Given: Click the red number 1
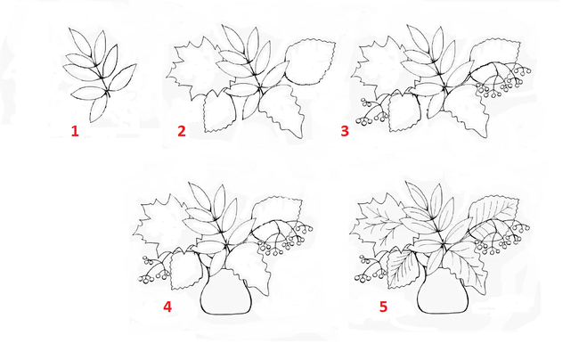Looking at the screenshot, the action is (75, 131).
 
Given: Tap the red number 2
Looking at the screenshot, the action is (182, 131).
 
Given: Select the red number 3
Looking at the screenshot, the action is (345, 131).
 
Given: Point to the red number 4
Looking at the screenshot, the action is (167, 307).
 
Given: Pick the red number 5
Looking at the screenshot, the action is (383, 307).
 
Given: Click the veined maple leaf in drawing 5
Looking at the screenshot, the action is (378, 225).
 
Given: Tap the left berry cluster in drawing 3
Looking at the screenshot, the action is (371, 110).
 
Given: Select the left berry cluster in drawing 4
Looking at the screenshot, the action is (154, 269).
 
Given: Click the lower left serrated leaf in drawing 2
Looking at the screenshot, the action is (220, 111).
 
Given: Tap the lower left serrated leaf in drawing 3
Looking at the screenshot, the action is (404, 111).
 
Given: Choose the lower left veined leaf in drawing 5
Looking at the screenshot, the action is (402, 269).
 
